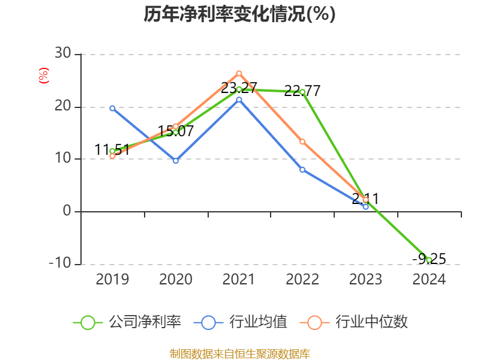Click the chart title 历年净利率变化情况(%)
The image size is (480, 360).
click(x=240, y=14)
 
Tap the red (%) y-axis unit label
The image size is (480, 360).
click(x=43, y=76)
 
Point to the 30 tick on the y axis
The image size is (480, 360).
click(x=62, y=54)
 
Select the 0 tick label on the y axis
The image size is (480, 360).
click(x=67, y=211)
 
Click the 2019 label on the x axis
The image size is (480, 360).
click(x=112, y=280)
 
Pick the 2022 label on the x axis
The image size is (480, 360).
click(x=302, y=280)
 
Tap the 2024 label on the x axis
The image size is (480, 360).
click(x=429, y=280)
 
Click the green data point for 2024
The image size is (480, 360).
click(x=429, y=260)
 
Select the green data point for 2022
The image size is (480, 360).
click(x=302, y=92)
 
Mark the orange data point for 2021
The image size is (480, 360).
click(x=239, y=73)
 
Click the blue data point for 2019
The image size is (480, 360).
click(x=112, y=108)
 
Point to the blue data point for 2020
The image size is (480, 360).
click(x=176, y=161)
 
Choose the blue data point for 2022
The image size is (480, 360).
click(x=302, y=170)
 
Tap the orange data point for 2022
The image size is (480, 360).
click(x=302, y=142)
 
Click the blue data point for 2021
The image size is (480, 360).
click(x=239, y=100)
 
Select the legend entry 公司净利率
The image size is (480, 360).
click(x=127, y=322)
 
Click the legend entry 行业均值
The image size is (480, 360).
click(x=241, y=322)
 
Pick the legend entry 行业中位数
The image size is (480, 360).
click(x=358, y=322)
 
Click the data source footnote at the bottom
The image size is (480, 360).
click(x=240, y=353)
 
